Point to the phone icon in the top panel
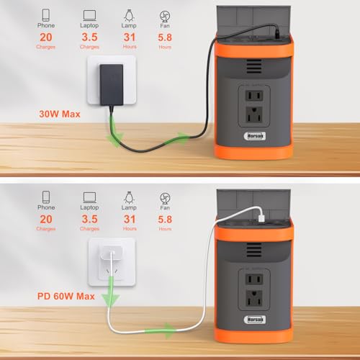45,14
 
